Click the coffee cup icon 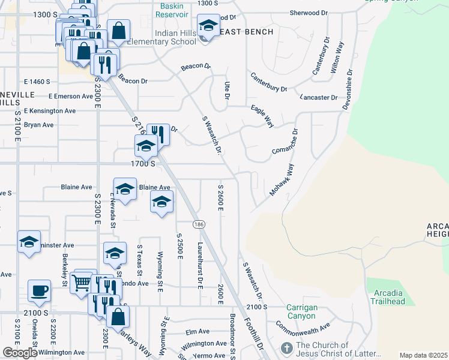tap(40, 291)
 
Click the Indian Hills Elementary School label tap(175, 37)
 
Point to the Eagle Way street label tap(262, 116)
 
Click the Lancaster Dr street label tap(318, 97)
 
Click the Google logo tap(20, 353)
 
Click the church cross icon tap(287, 348)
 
